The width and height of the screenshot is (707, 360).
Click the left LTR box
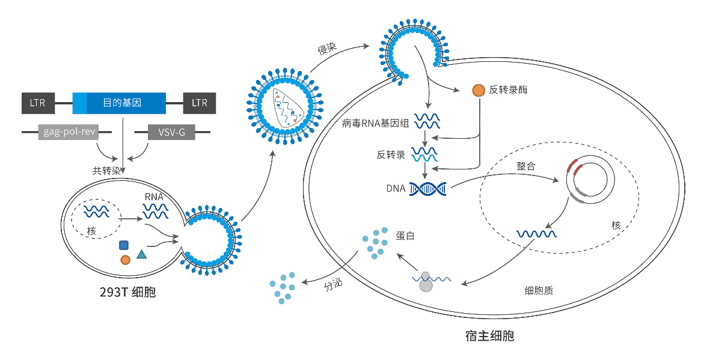click(38, 103)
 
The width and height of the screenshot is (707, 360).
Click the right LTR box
click(200, 103)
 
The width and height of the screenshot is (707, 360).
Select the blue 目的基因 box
click(119, 103)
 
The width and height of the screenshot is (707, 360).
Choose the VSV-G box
click(171, 131)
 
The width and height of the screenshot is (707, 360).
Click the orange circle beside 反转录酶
click(479, 90)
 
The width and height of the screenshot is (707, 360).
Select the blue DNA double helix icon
click(427, 189)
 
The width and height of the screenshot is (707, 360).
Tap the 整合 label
click(526, 166)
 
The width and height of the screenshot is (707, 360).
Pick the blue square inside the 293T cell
click(124, 245)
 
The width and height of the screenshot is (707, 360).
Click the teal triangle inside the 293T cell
click(141, 254)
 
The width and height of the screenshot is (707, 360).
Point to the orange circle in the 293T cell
click(125, 260)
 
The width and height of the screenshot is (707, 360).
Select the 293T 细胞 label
click(127, 293)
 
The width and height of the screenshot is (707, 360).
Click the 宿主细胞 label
click(490, 335)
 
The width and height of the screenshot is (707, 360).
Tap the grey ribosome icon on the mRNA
click(426, 282)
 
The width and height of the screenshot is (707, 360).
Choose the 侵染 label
click(326, 48)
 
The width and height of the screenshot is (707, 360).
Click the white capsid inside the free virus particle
click(287, 108)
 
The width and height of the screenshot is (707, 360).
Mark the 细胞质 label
click(539, 290)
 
